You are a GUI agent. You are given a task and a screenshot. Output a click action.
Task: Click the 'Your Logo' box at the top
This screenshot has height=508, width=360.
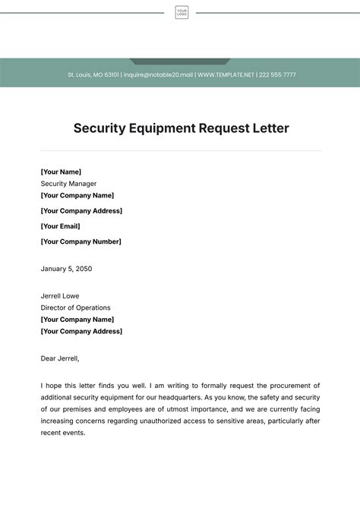[x=182, y=12]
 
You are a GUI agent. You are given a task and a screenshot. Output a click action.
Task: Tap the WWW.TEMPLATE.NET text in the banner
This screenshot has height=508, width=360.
[x=226, y=75]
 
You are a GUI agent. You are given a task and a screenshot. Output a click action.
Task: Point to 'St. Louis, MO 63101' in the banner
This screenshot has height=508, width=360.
[x=93, y=75]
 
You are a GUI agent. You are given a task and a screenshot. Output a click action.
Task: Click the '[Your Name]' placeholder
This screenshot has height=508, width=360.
[x=61, y=172]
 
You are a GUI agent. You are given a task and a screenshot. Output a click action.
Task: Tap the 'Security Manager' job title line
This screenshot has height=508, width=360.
[x=68, y=184]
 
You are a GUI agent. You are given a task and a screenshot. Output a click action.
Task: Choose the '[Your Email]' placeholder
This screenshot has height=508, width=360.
[x=60, y=226]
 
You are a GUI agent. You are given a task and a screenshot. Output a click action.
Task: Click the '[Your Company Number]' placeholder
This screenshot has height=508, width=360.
[x=81, y=241]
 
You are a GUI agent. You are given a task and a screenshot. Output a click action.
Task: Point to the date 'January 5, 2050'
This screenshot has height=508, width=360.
[x=66, y=268]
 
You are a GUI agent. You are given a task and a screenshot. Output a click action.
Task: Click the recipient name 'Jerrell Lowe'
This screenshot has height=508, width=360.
[x=60, y=295]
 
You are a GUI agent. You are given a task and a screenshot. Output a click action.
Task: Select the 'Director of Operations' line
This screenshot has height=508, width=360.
[x=75, y=308]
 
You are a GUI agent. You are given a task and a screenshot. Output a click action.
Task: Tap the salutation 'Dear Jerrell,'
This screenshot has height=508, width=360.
[x=60, y=358]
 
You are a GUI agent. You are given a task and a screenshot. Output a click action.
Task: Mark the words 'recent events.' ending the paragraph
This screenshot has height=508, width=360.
[x=63, y=433]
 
